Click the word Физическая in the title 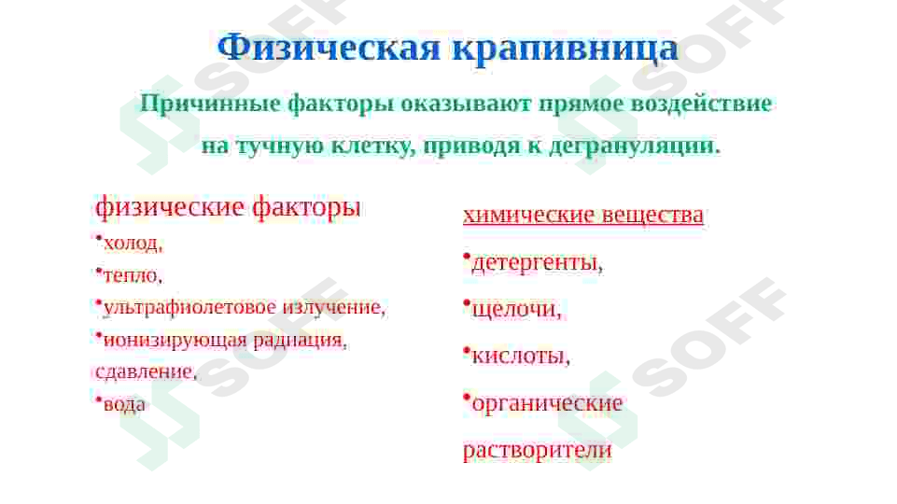click(329, 48)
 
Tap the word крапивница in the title click(565, 48)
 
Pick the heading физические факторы click(228, 206)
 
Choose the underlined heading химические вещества click(582, 216)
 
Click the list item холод click(133, 244)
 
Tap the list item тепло click(133, 275)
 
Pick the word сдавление click(145, 371)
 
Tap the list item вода click(124, 403)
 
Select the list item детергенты click(537, 263)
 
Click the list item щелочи click(516, 309)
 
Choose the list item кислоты click(521, 356)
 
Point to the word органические click(547, 403)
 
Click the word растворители click(538, 450)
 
